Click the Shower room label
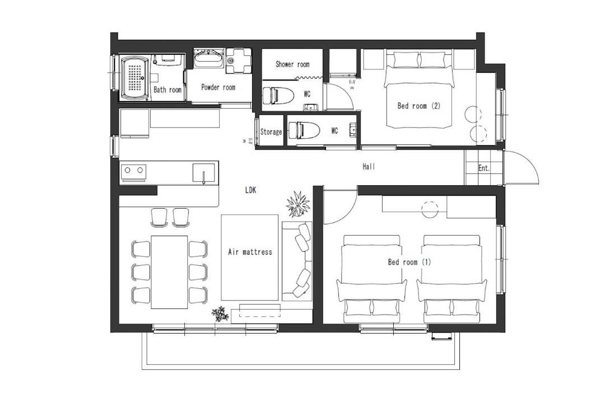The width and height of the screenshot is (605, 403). pyautogui.click(x=292, y=64)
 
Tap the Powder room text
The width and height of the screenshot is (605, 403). pyautogui.click(x=218, y=87)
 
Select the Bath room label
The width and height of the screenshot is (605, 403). pyautogui.click(x=167, y=90)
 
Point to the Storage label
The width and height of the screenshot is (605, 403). pyautogui.click(x=271, y=132)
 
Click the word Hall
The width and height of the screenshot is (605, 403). pyautogui.click(x=369, y=167)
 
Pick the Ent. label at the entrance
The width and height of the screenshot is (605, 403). pyautogui.click(x=484, y=168)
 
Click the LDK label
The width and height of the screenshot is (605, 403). pyautogui.click(x=250, y=190)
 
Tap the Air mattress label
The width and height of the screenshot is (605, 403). pyautogui.click(x=250, y=252)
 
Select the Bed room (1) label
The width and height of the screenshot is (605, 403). pyautogui.click(x=409, y=263)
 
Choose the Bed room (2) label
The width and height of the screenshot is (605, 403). pyautogui.click(x=418, y=106)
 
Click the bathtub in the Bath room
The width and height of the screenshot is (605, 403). pyautogui.click(x=134, y=77)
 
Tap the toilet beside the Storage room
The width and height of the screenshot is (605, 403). pyautogui.click(x=304, y=130)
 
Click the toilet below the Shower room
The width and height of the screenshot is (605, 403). pyautogui.click(x=277, y=95)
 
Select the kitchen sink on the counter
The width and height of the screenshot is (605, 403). pyautogui.click(x=203, y=172)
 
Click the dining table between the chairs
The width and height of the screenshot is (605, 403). pyautogui.click(x=169, y=272)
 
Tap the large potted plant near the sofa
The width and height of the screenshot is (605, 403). pyautogui.click(x=298, y=204)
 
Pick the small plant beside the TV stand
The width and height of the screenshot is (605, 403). pyautogui.click(x=220, y=314)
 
